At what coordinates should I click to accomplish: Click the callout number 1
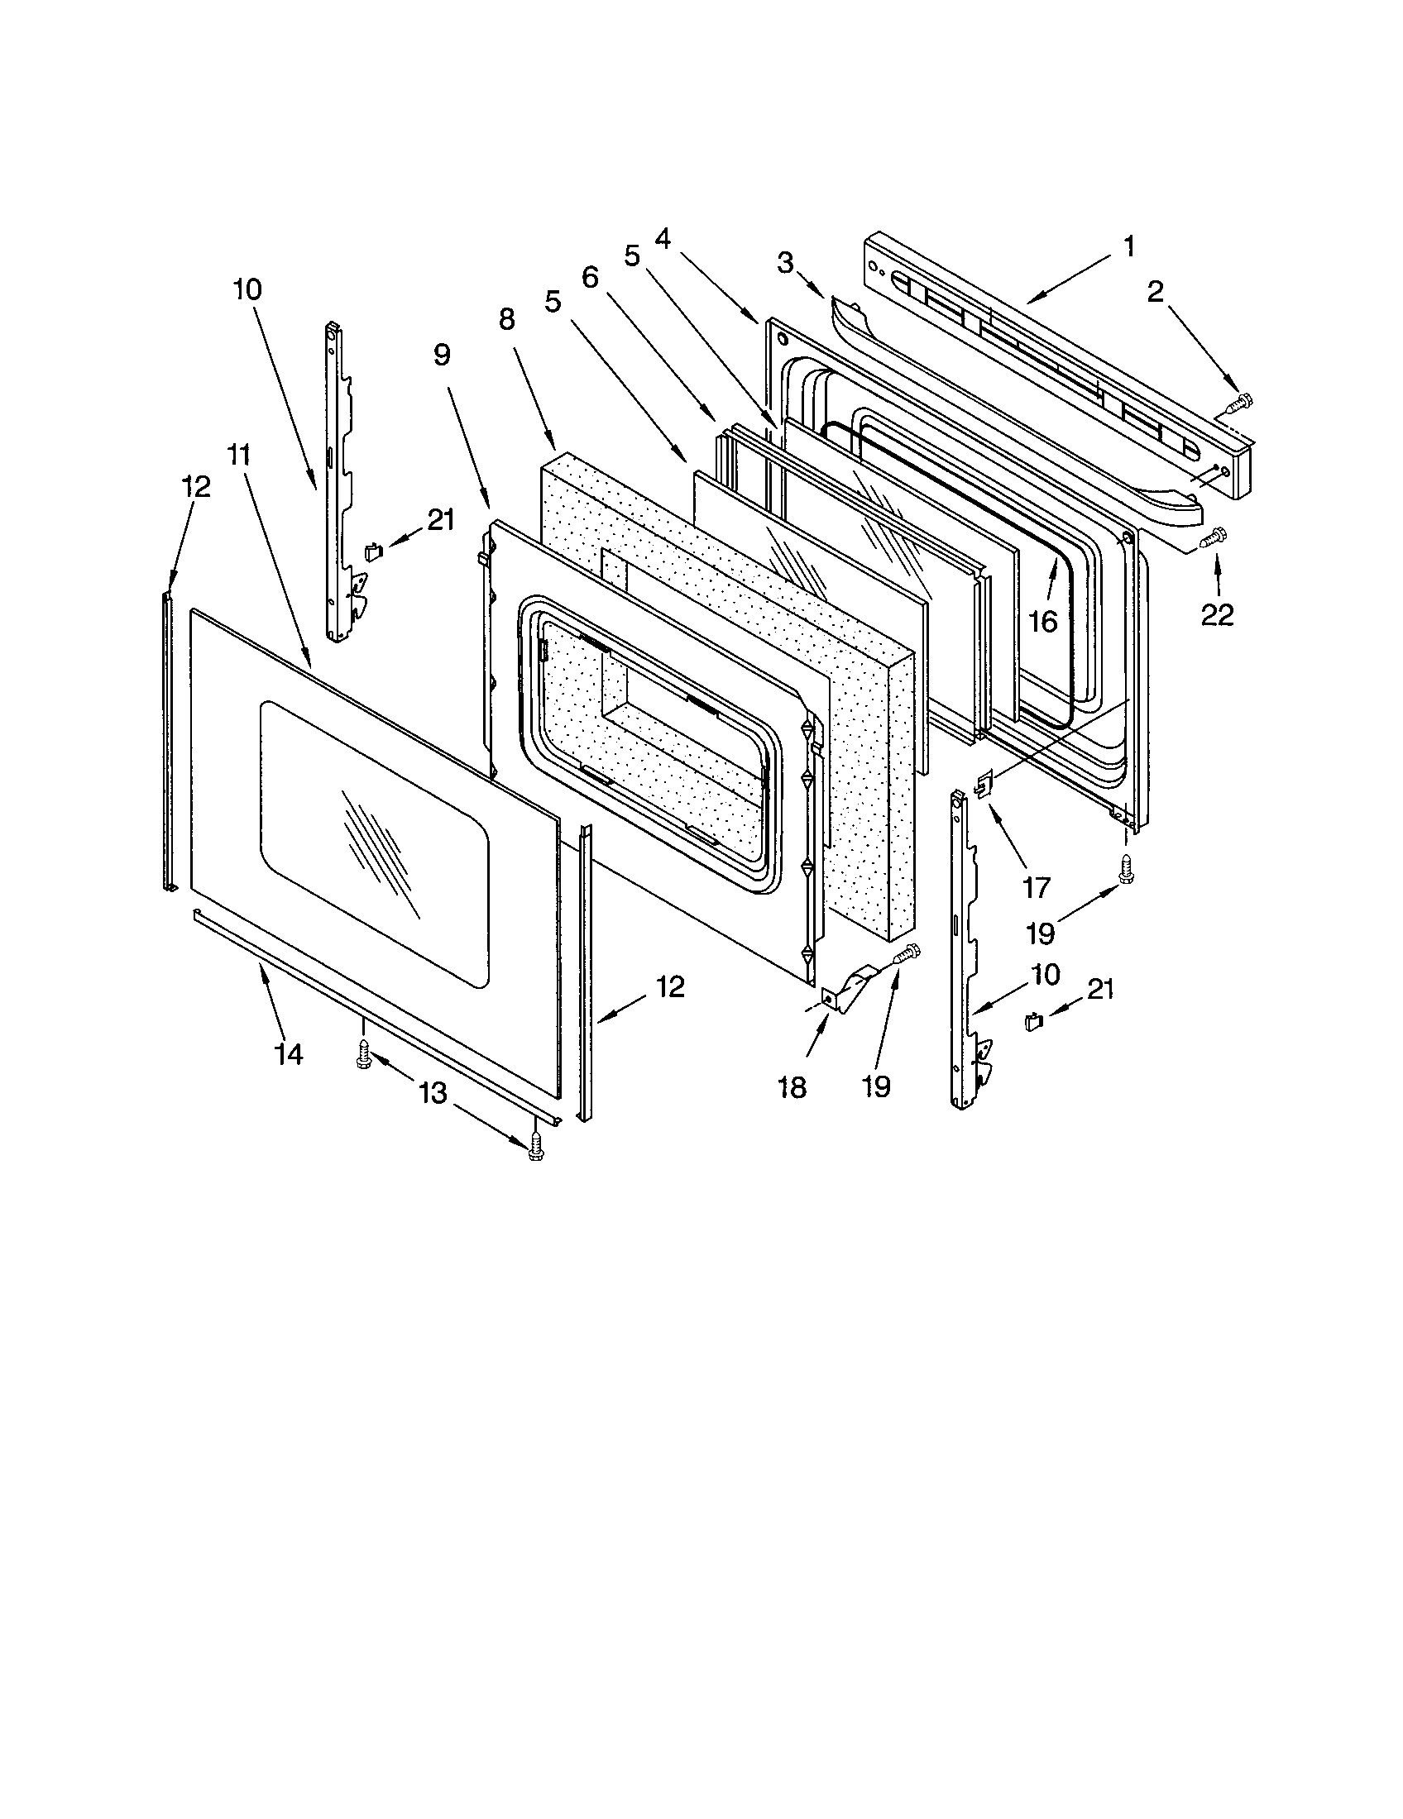tap(1128, 246)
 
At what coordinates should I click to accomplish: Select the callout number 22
tap(1217, 614)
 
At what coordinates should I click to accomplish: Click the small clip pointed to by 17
tap(984, 782)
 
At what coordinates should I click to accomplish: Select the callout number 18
tap(792, 1086)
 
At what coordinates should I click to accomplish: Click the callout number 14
tap(287, 1053)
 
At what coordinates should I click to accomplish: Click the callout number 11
tap(238, 456)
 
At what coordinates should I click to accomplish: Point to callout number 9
tap(442, 355)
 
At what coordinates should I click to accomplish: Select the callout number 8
tap(506, 318)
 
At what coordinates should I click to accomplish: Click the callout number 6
tap(590, 277)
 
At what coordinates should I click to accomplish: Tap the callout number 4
tap(663, 238)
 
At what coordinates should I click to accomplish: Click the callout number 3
tap(785, 264)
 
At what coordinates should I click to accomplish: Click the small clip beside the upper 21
tap(374, 551)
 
